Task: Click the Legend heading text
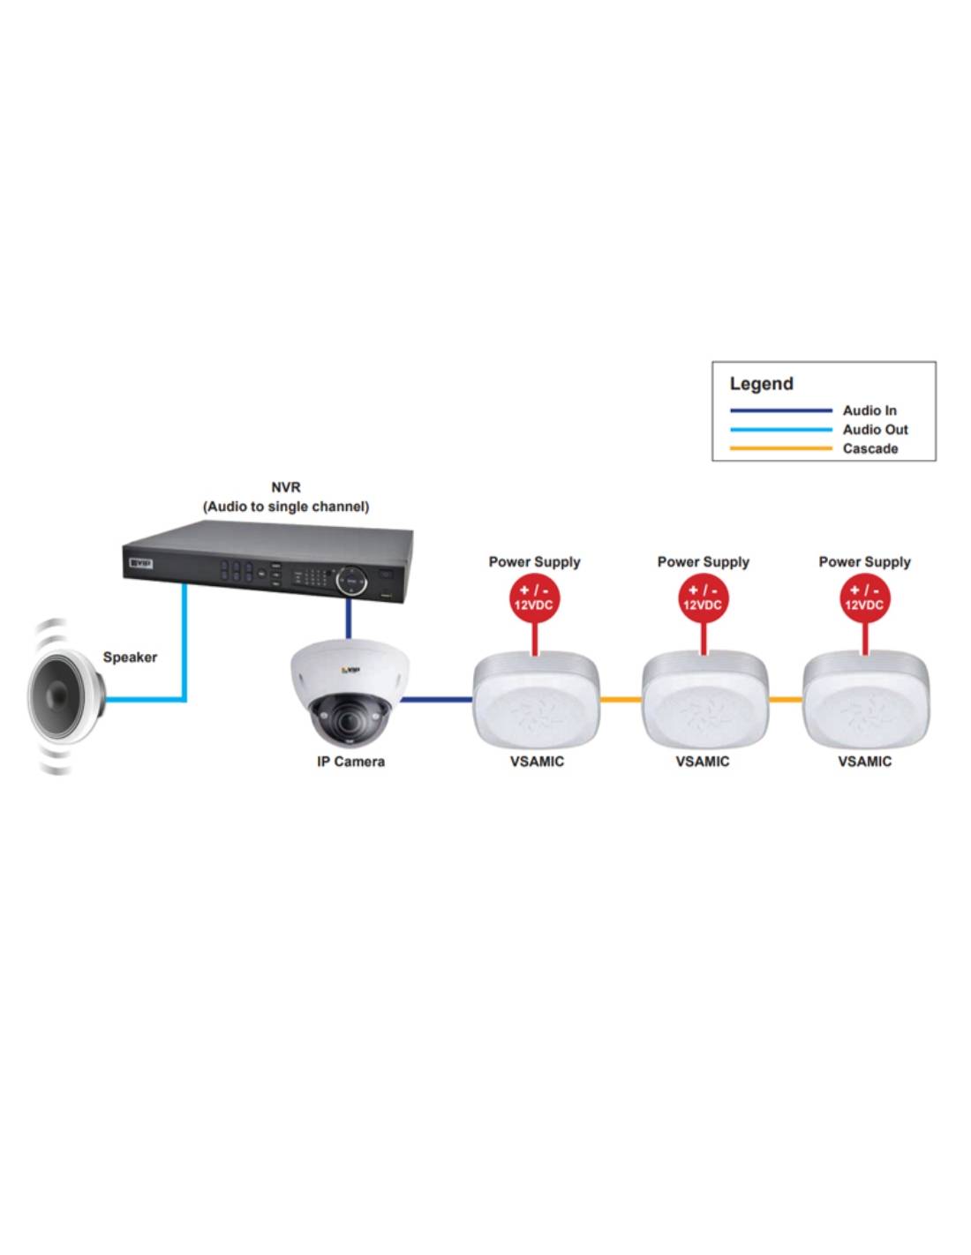click(761, 384)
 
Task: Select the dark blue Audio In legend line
click(780, 410)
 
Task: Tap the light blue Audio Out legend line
click(780, 430)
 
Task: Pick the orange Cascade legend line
click(780, 448)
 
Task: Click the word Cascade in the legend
click(869, 448)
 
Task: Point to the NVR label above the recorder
click(286, 487)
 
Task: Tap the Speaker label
click(130, 657)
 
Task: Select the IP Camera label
click(350, 762)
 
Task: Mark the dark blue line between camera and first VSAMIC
click(438, 700)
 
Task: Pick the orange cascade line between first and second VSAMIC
click(621, 700)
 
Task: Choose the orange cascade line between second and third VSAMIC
click(786, 700)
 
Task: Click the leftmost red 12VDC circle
click(534, 598)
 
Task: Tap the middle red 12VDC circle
click(703, 598)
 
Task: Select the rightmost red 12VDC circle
click(864, 598)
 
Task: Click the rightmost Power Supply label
click(864, 561)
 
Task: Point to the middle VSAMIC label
click(703, 762)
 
